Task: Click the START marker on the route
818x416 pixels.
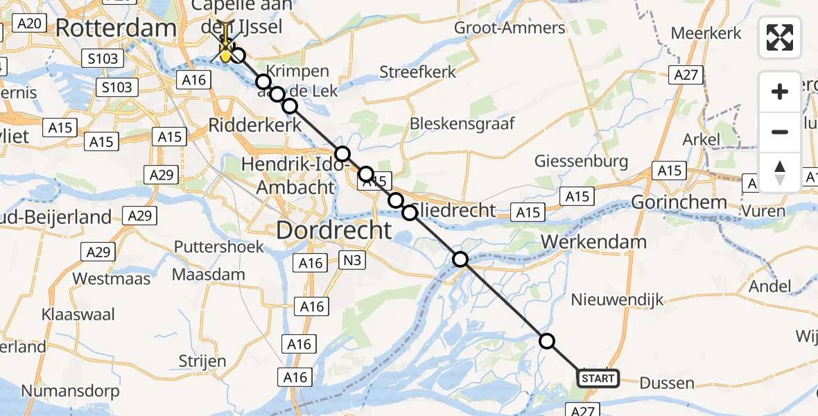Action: coord(598,379)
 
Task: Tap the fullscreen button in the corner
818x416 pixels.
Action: coord(780,37)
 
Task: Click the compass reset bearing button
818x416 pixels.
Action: coord(780,171)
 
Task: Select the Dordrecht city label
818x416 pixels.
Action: coord(334,230)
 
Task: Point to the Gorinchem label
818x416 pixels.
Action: coord(679,202)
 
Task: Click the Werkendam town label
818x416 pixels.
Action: coord(601,242)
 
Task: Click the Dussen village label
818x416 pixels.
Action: coord(667,383)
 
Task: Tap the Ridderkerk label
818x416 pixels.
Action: coord(255,126)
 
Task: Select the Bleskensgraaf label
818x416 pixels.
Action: coord(462,123)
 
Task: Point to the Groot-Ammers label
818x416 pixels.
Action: coord(510,28)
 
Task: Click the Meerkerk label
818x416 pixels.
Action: coord(706,33)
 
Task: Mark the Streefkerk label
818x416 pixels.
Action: coord(418,72)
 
